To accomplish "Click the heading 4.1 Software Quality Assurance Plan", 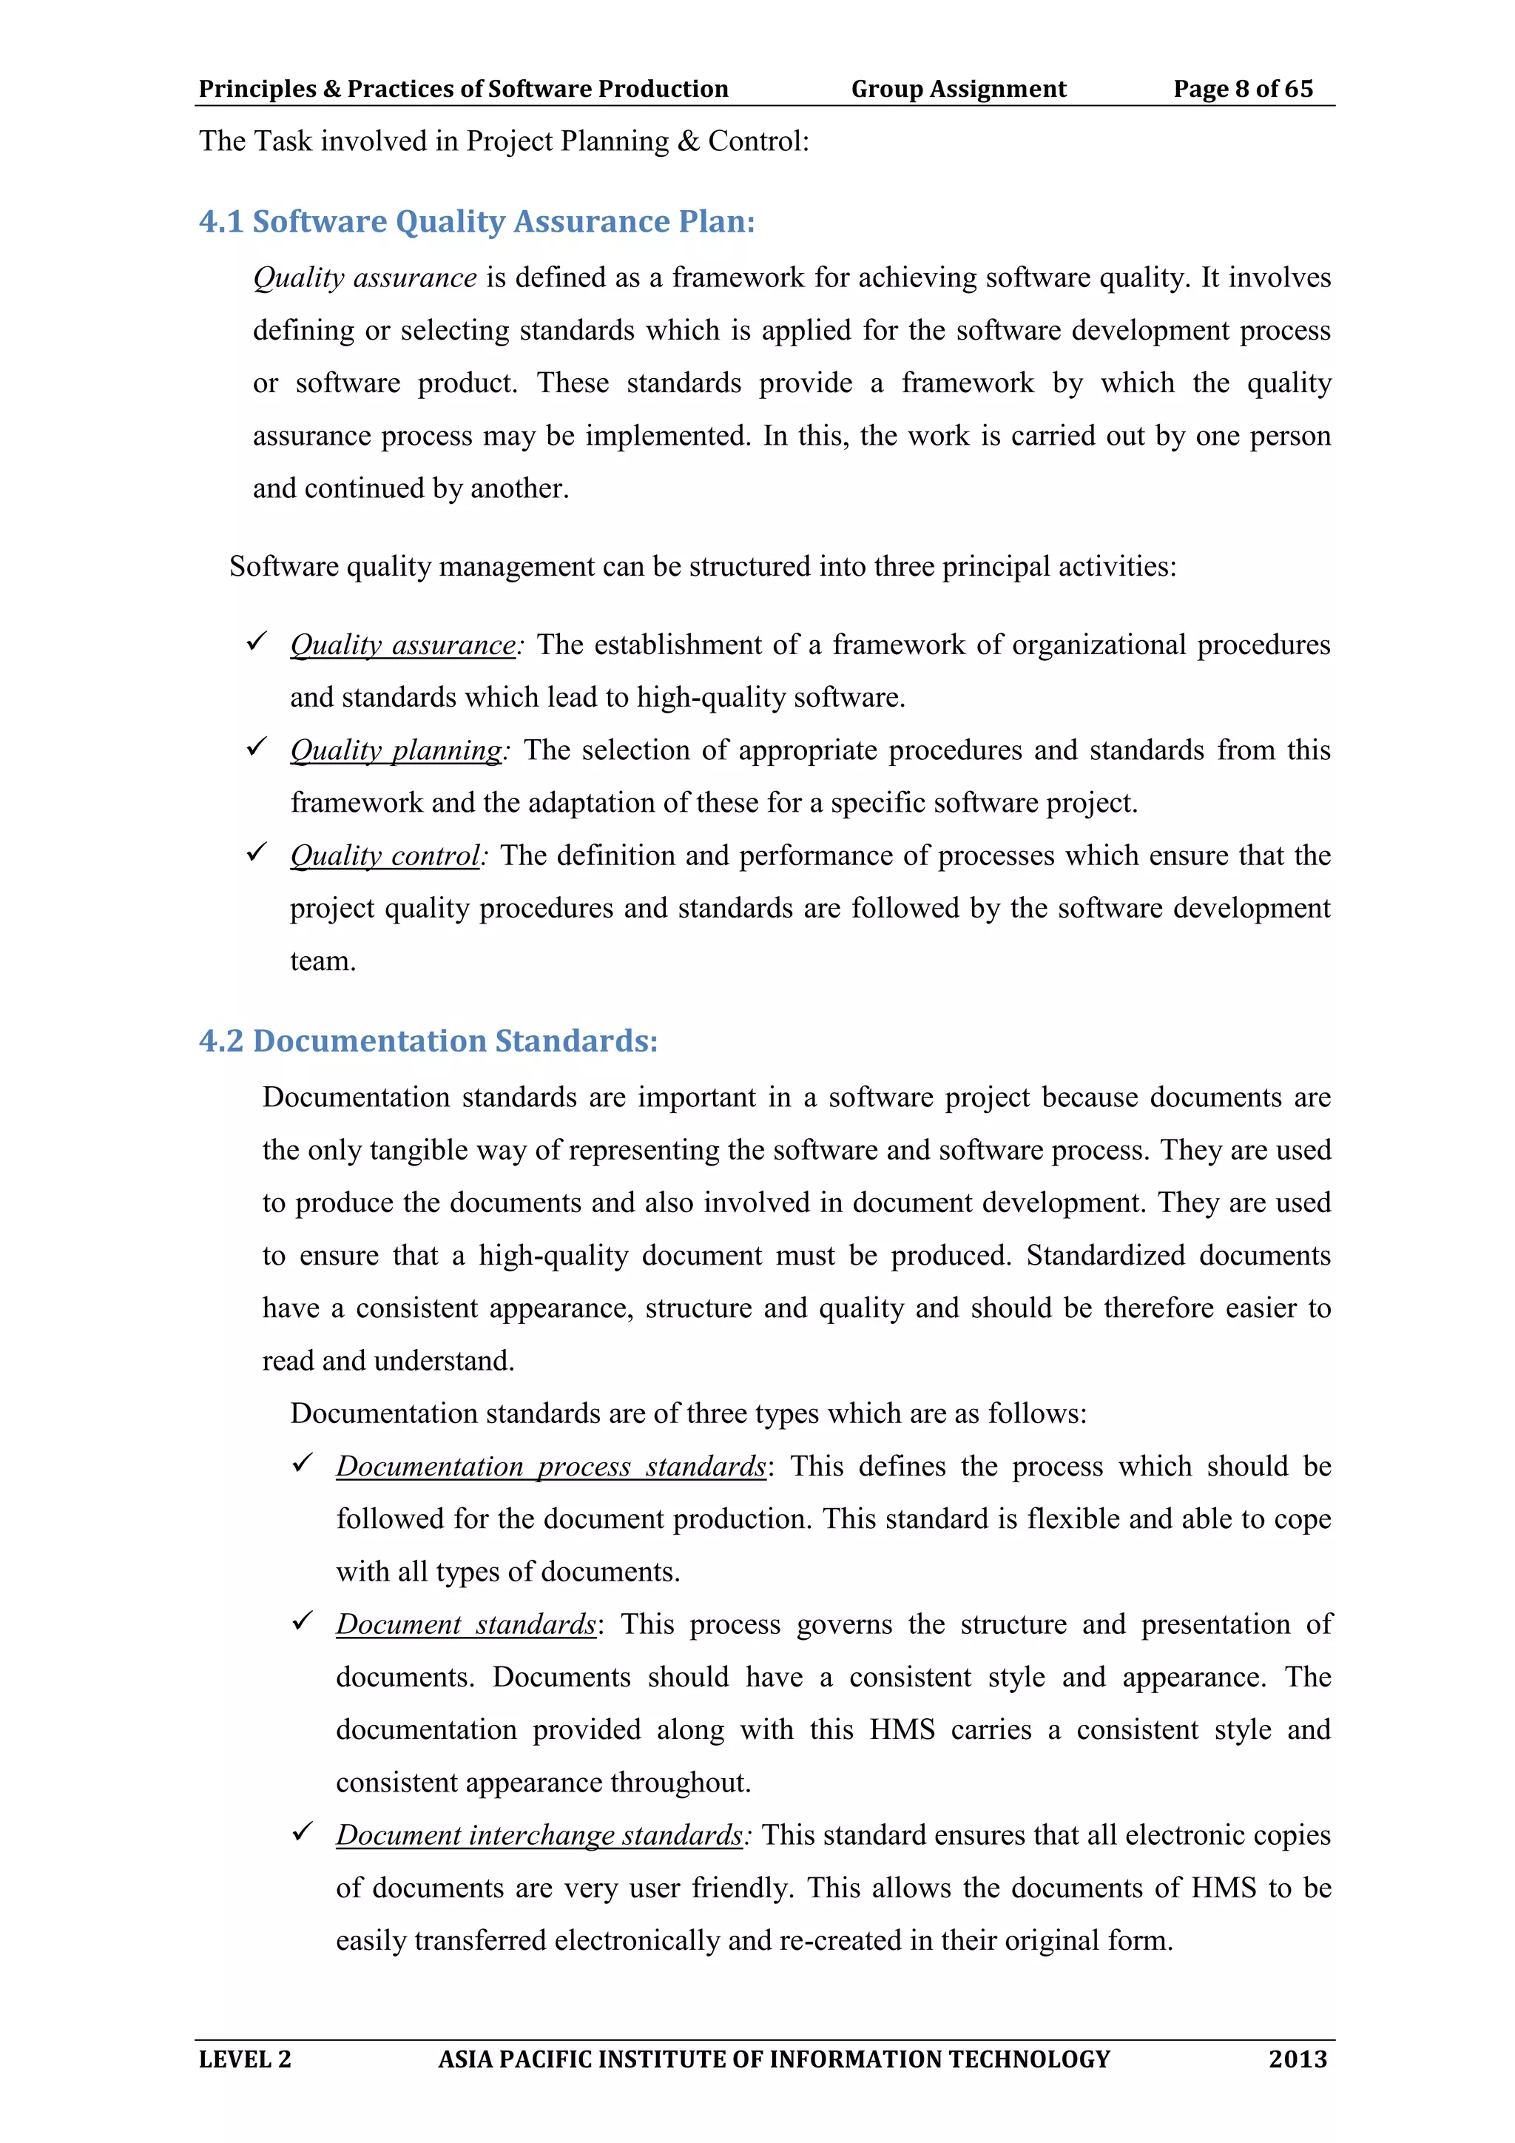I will tap(476, 222).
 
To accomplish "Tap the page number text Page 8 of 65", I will tap(1243, 89).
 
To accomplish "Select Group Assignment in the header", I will tap(958, 89).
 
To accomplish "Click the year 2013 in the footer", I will tap(1297, 2059).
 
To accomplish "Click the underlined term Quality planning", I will tap(397, 750).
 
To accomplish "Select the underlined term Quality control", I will tap(385, 856).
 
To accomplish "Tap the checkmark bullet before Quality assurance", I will tap(257, 642).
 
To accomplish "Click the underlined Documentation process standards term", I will tap(550, 1467).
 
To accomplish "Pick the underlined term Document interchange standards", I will tap(539, 1835).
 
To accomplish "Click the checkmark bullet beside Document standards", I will tap(303, 1622).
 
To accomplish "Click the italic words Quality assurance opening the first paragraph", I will tap(365, 278).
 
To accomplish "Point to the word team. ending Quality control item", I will tap(323, 961).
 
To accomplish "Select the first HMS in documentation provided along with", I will tap(902, 1729).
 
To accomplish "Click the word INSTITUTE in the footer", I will tap(662, 2059).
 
